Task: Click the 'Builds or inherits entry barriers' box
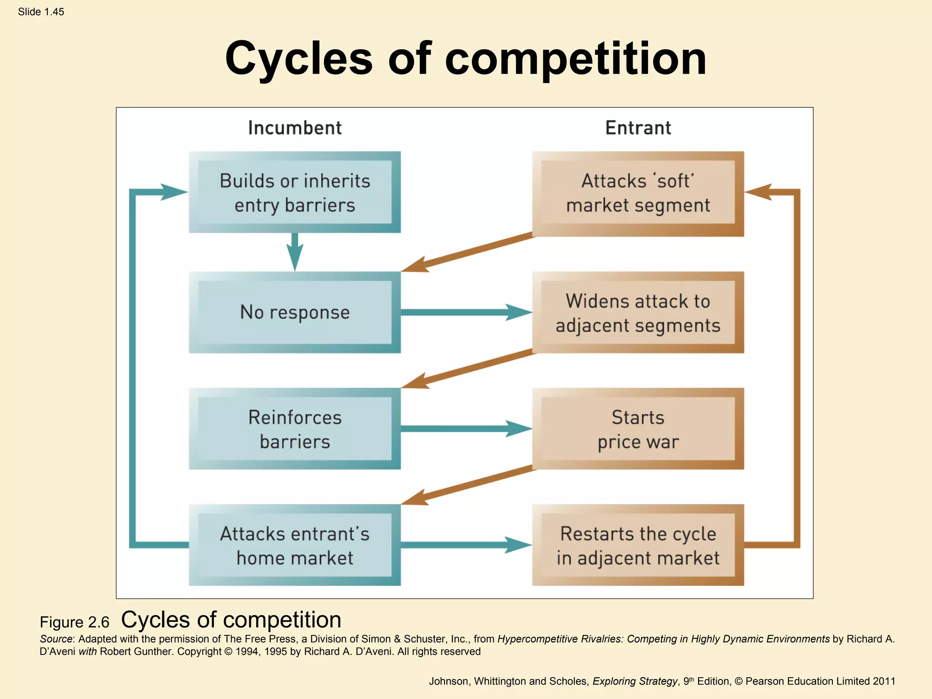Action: click(x=294, y=192)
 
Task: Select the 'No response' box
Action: click(x=294, y=312)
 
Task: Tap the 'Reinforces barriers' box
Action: click(x=294, y=429)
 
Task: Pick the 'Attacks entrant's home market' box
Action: click(x=294, y=545)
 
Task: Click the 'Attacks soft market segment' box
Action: click(x=638, y=193)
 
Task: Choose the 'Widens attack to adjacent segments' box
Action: click(x=638, y=313)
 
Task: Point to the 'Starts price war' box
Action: click(x=638, y=429)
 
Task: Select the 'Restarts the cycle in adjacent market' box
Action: click(x=638, y=545)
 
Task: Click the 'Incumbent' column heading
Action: click(x=295, y=128)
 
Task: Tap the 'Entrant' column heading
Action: click(x=638, y=128)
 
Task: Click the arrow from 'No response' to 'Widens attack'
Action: click(x=464, y=312)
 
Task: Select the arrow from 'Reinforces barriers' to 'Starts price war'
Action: click(x=464, y=429)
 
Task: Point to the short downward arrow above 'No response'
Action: click(x=295, y=253)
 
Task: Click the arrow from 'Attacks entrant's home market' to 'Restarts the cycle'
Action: click(x=464, y=545)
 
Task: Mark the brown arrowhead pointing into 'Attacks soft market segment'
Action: click(x=759, y=192)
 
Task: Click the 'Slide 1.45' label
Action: click(x=41, y=12)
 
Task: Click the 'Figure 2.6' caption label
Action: click(x=75, y=622)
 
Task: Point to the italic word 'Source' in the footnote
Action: click(x=56, y=639)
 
